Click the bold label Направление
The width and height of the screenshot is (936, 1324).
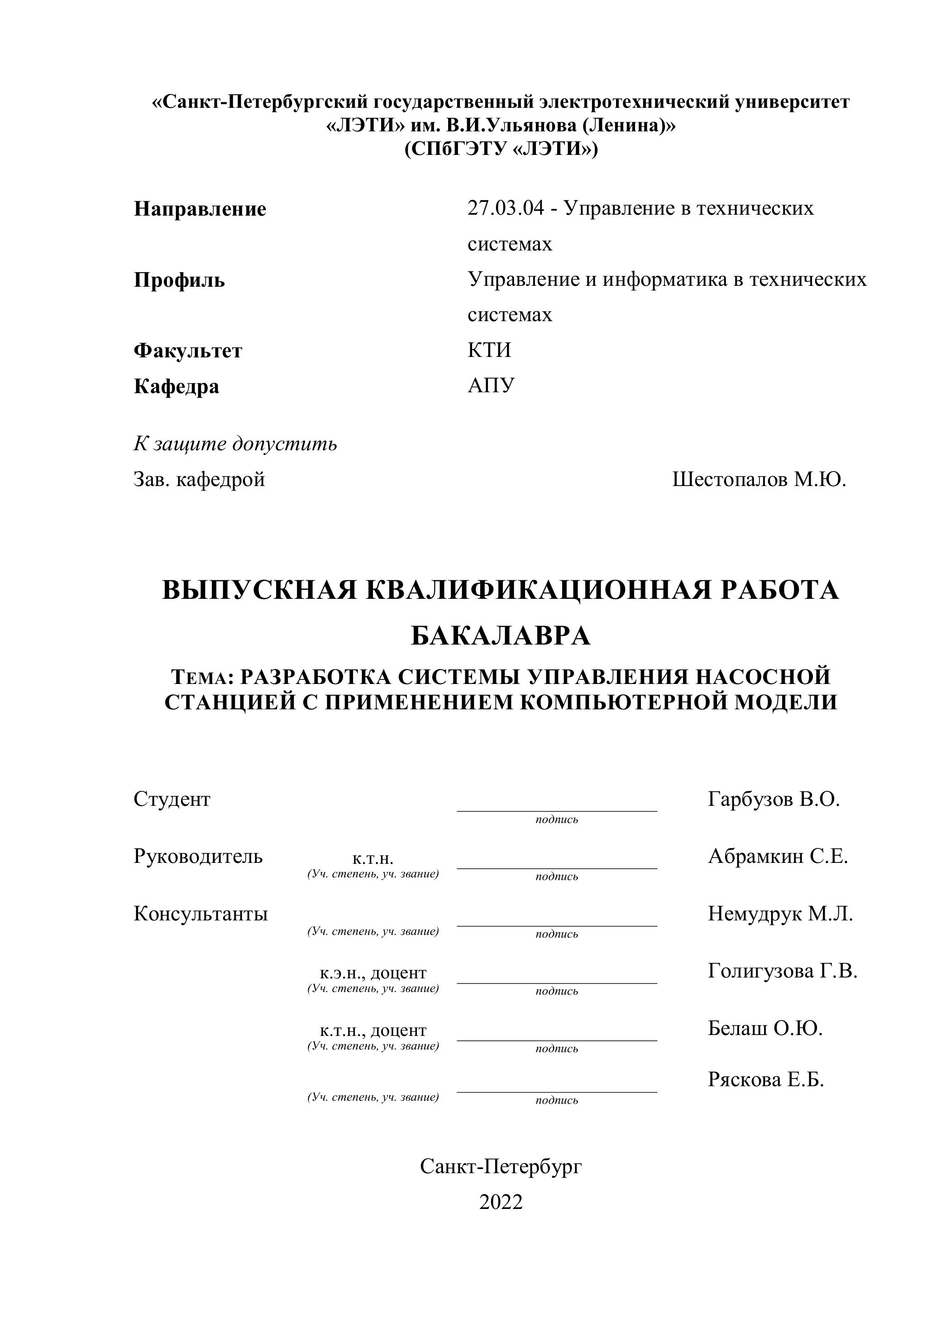click(x=200, y=209)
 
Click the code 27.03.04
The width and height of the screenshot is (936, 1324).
click(x=506, y=207)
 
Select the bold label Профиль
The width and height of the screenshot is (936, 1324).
click(x=179, y=280)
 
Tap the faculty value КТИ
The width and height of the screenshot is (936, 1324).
click(x=489, y=350)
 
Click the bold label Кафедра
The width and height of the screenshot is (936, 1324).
click(x=177, y=386)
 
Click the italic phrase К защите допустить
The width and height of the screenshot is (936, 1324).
click(x=235, y=444)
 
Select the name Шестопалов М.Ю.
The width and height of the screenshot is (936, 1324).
click(x=759, y=479)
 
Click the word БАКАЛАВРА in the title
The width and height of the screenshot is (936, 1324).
click(x=501, y=636)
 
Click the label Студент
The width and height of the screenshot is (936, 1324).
click(x=172, y=799)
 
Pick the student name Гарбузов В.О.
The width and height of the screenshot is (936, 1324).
click(x=774, y=799)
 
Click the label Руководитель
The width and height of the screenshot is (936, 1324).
click(x=198, y=857)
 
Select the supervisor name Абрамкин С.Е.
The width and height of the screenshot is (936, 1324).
click(x=778, y=857)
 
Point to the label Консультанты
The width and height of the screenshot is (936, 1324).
click(x=201, y=914)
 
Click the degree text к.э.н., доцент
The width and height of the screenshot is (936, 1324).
click(x=373, y=973)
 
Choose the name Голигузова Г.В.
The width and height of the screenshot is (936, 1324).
click(x=783, y=971)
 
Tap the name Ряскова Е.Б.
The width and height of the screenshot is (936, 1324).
click(x=765, y=1079)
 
